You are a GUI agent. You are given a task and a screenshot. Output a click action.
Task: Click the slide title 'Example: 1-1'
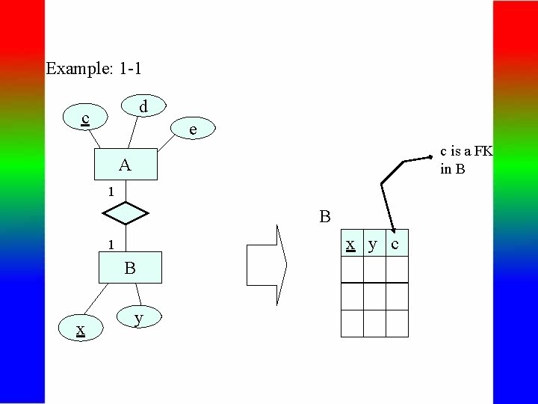94,69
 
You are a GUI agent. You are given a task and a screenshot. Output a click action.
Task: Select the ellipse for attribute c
87,118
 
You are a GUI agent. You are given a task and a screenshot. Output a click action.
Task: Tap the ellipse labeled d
145,108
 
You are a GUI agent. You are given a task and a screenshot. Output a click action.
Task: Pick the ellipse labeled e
193,129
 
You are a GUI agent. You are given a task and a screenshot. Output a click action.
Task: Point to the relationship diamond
126,214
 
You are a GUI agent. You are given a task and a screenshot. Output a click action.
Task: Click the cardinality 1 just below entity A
110,192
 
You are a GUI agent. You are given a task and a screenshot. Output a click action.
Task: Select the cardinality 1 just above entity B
110,245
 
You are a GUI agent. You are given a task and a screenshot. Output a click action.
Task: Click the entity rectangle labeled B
130,268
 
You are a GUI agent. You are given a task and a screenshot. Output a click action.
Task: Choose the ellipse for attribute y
137,318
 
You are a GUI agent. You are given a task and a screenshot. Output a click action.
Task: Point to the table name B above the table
324,218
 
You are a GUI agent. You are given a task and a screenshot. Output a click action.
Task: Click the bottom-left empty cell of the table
351,323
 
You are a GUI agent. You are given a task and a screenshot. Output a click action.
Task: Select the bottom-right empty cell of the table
397,323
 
